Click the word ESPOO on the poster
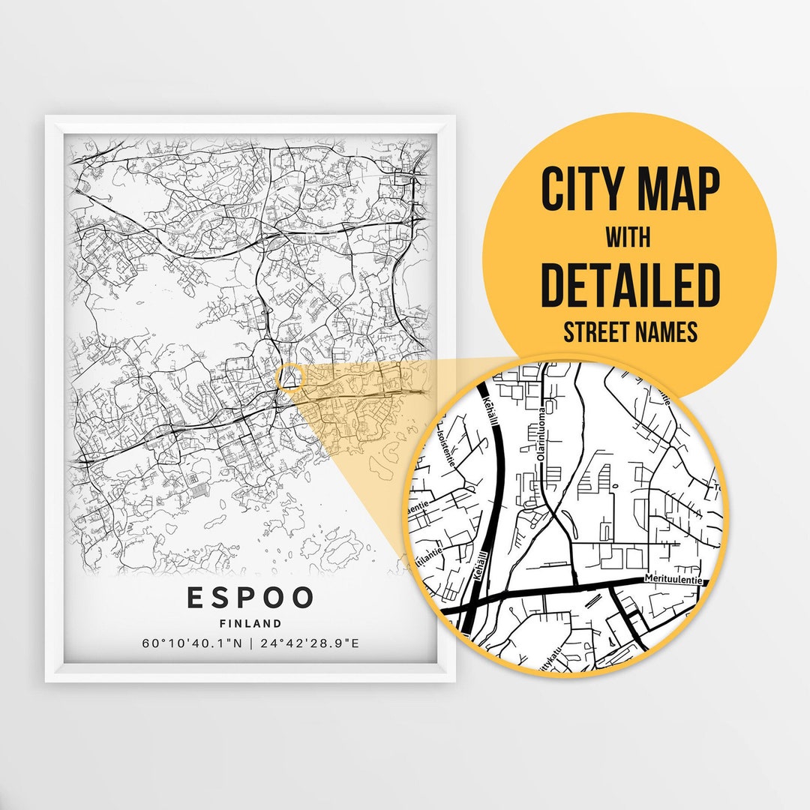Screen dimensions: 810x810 (250, 598)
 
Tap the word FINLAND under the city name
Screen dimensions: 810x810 (250, 623)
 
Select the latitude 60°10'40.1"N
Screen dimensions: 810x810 (190, 643)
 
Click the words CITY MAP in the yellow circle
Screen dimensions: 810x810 (630, 190)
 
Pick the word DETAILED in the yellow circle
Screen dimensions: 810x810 (630, 284)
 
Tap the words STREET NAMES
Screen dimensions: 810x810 (630, 332)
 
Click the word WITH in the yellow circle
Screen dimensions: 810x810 (629, 238)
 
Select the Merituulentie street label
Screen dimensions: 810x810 (673, 580)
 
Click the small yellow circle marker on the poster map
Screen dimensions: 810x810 (289, 377)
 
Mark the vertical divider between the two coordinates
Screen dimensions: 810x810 (251, 643)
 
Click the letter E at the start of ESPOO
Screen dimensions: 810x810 (193, 598)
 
